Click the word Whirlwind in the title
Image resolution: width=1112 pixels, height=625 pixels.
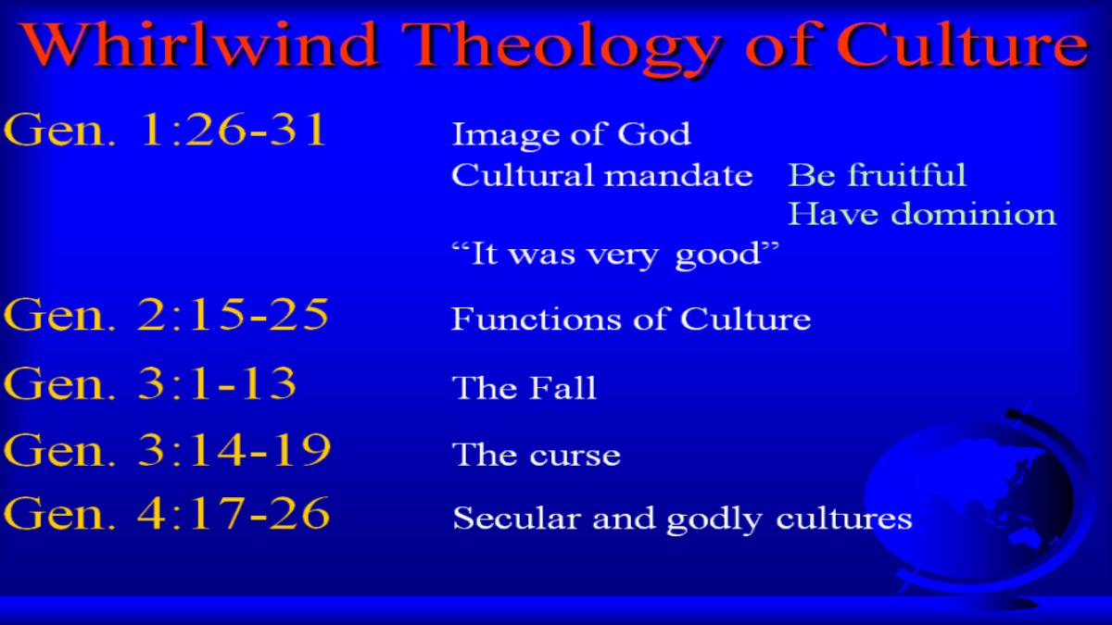[199, 44]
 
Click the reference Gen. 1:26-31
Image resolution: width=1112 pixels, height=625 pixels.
[164, 130]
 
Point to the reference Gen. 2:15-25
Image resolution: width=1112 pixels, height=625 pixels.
[166, 315]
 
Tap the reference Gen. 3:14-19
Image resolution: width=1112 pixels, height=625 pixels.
[167, 450]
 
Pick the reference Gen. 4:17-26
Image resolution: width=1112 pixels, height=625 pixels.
[166, 513]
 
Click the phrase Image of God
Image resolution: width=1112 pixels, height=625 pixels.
[571, 135]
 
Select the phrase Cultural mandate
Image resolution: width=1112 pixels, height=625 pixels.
[601, 175]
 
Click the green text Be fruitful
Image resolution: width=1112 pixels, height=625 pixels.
[877, 175]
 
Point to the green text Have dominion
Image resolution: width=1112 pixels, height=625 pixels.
[922, 214]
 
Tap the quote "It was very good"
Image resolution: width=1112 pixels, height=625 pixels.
[615, 255]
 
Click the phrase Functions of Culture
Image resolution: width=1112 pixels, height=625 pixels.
[631, 319]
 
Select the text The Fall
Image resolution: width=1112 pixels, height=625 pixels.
[524, 387]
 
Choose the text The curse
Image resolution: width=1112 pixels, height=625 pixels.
[537, 455]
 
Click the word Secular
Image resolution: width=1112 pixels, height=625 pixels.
[517, 519]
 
